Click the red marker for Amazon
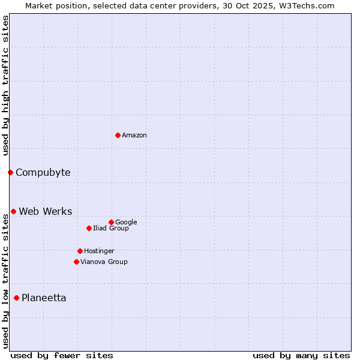pos(118,135)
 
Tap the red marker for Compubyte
pos(10,173)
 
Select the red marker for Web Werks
pos(13,211)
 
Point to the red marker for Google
pos(111,222)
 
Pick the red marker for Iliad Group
pos(89,228)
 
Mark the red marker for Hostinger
pos(80,251)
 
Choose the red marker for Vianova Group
pos(76,262)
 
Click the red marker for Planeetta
pos(16,298)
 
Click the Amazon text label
pos(134,136)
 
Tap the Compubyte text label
pos(43,173)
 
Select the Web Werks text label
pos(45,211)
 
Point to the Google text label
pos(126,222)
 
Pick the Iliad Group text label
pos(111,228)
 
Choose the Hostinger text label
pos(99,251)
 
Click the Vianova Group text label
pos(104,262)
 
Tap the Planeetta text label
pos(44,298)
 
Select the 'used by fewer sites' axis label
pos(62,355)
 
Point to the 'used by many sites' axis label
pos(301,355)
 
